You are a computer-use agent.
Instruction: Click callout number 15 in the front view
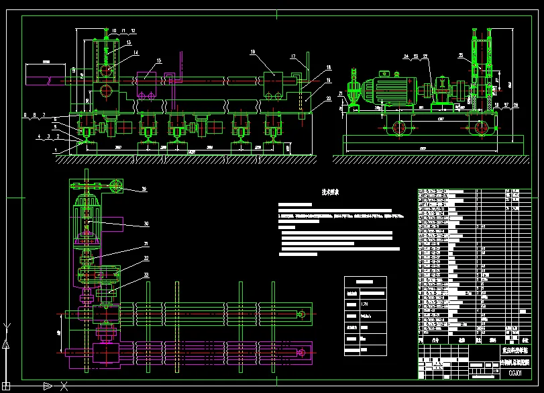coord(158,61)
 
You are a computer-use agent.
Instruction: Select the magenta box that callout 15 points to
coord(147,85)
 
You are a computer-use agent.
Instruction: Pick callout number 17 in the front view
coord(294,56)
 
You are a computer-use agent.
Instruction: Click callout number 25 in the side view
coord(461,55)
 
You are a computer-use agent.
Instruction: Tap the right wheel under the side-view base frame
coord(480,128)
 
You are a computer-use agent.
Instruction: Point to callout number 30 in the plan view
coord(146,224)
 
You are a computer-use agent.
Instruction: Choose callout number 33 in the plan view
coord(146,275)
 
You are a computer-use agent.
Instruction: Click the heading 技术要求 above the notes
coord(330,192)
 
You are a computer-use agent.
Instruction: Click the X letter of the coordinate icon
coord(64,386)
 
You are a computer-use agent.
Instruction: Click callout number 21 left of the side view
coord(341,93)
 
